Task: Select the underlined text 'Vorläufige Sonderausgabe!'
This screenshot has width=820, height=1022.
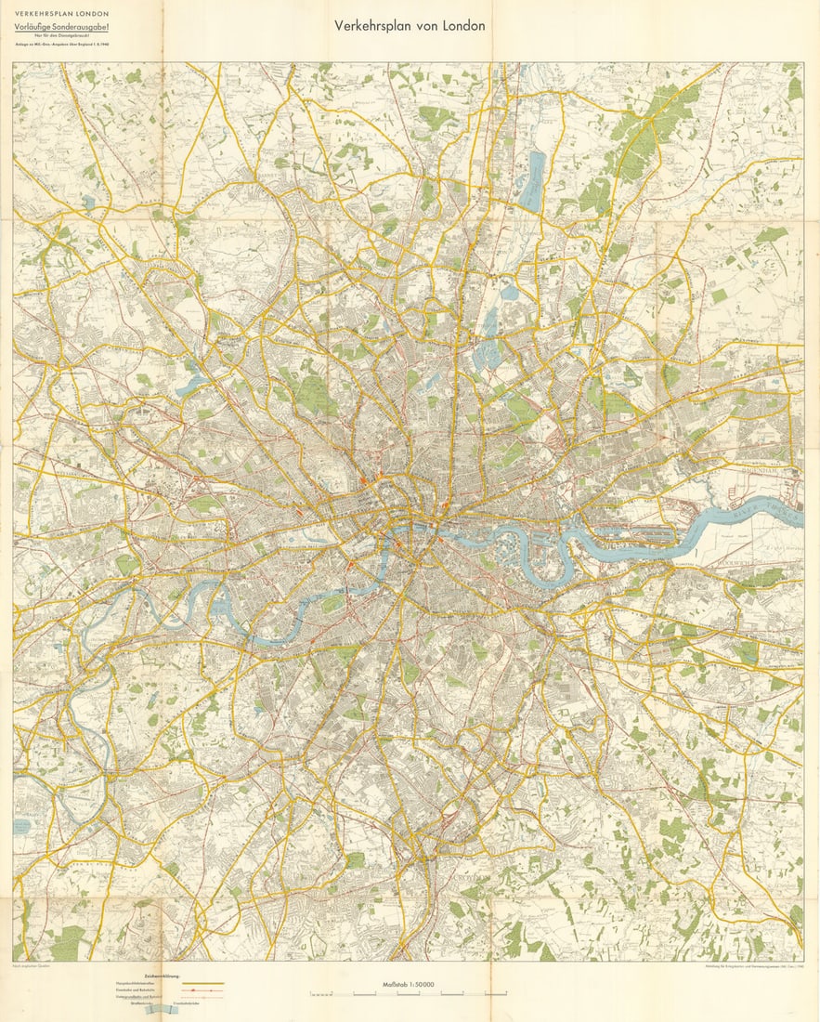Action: tap(60, 27)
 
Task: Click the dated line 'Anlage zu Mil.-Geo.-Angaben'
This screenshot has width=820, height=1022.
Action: tap(60, 44)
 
